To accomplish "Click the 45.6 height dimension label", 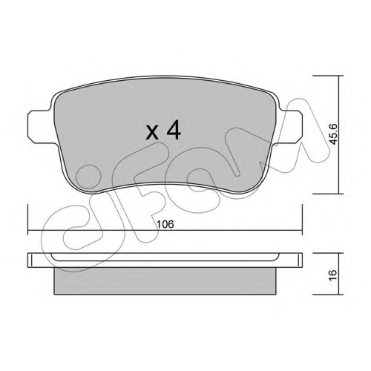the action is click(x=334, y=134).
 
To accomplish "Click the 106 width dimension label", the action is click(x=165, y=224).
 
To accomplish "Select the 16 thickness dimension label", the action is click(x=334, y=274).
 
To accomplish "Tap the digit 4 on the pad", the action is click(x=174, y=131).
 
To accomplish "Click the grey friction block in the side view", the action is click(x=165, y=281).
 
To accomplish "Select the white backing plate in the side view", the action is click(x=165, y=260).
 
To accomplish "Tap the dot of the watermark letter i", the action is click(x=89, y=177).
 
